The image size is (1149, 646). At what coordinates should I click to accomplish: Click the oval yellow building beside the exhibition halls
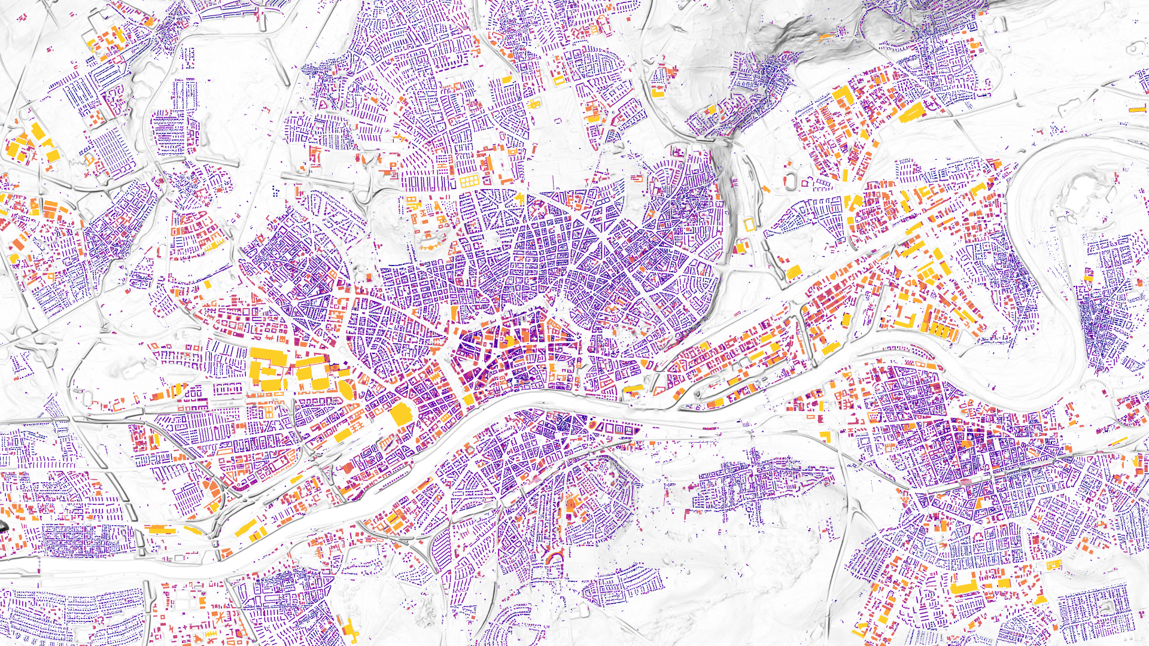coord(346,389)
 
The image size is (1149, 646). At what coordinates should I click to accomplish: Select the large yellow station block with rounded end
coord(400,413)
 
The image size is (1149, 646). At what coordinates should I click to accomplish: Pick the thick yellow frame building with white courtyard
coord(558,80)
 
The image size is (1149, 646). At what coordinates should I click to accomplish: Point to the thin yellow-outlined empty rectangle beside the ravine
coord(749,225)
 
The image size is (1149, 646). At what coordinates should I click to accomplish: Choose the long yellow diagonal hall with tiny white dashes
coord(911,112)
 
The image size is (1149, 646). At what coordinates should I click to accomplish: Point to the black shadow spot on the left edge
coord(2,526)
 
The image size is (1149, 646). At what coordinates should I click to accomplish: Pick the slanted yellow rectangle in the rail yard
coord(246,529)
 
